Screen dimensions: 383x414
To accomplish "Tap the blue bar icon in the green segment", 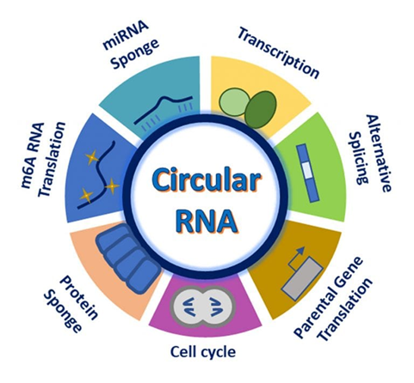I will (x=306, y=167).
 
